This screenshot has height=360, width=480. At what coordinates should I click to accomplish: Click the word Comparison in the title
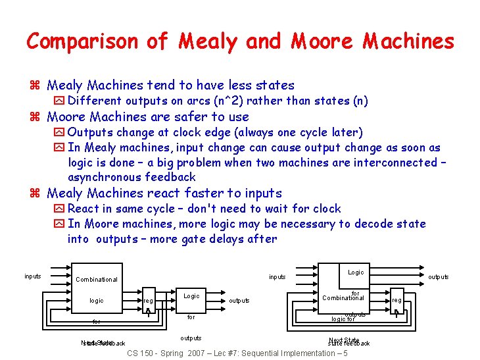click(x=82, y=41)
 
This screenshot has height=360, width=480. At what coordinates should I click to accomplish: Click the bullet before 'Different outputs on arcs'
click(x=59, y=101)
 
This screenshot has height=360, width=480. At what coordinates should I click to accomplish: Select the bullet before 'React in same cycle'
click(x=59, y=209)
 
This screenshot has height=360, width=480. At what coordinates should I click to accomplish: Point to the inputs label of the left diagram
click(x=33, y=276)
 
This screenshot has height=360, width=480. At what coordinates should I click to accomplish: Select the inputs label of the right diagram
click(x=277, y=277)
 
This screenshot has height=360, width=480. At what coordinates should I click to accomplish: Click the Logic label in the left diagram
click(x=191, y=296)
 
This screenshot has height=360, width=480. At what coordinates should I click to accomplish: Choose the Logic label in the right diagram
click(x=356, y=272)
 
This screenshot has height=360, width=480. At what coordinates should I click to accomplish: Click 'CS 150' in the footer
click(x=139, y=353)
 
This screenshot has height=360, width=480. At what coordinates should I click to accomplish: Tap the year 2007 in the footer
click(x=195, y=353)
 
